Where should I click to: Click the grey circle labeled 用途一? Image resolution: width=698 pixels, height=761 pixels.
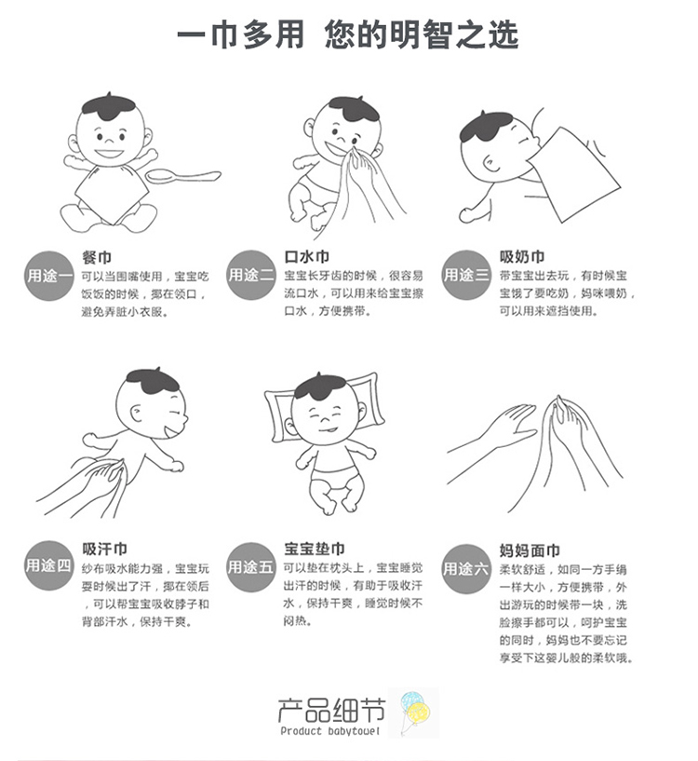coord(48,275)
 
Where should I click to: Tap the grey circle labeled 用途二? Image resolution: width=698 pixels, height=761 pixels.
coord(251,275)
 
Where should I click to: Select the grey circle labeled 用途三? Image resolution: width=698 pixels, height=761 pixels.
coord(466,275)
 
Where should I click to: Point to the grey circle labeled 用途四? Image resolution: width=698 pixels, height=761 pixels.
coord(48,565)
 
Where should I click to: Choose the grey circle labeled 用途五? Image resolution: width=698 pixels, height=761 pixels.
coord(250,566)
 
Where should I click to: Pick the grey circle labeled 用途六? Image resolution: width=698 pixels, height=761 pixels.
coord(466,568)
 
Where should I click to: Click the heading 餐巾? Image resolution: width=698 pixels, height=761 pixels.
coord(97,257)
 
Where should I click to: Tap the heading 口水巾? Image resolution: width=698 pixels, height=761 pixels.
coord(306,256)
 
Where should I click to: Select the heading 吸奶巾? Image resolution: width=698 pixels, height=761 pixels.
coord(522,256)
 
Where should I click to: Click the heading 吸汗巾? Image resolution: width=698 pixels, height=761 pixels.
coord(104,549)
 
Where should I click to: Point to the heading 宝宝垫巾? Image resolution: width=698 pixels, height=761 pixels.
coord(315,549)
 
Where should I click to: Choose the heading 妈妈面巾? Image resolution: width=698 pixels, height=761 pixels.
coord(530,550)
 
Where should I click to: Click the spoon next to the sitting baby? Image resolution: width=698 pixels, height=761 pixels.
coord(183,176)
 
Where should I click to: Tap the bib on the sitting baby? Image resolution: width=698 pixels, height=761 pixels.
coord(112,194)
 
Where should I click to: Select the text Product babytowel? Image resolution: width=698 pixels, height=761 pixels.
coord(329,731)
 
